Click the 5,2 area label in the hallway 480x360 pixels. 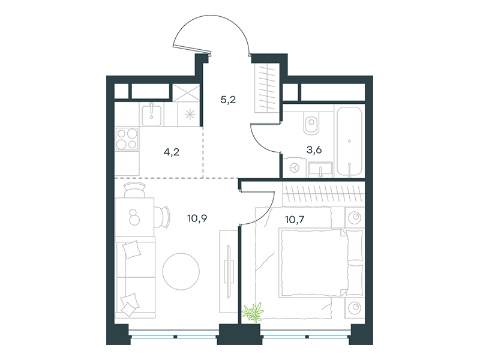pos(228,100)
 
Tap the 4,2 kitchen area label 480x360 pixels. pos(172,152)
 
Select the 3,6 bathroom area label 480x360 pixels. pos(314,150)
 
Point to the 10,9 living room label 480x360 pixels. pos(197,218)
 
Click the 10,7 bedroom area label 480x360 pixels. pos(295,220)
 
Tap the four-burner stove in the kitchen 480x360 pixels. pos(127,139)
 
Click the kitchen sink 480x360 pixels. pos(152,114)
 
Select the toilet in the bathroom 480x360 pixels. pos(311,123)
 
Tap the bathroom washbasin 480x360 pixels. pos(320,170)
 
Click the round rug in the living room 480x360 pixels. pos(181,271)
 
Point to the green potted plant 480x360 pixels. pos(253,312)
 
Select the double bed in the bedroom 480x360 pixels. pos(321,263)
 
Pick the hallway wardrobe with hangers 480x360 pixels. pos(267,88)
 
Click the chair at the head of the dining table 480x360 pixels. pos(134,190)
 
